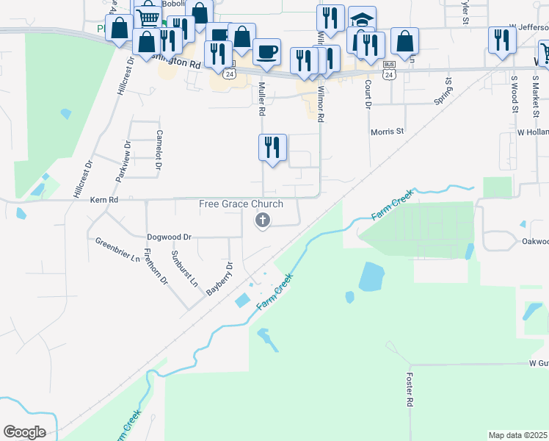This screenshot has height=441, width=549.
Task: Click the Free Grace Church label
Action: point(241,204)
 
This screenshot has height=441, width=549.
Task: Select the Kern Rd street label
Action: point(103,200)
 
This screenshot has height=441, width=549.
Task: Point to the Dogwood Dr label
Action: point(169,237)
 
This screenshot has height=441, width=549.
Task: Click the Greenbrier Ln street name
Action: point(117,249)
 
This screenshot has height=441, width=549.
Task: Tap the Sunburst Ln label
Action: point(184,269)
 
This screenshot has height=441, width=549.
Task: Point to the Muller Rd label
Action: point(261,100)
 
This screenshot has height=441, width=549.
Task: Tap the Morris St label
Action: point(388,132)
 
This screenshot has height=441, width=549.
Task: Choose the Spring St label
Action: point(442,90)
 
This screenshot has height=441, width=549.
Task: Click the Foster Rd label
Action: point(410,390)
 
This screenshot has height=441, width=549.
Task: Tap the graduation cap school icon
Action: point(361,20)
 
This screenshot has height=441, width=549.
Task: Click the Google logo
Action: point(25,432)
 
